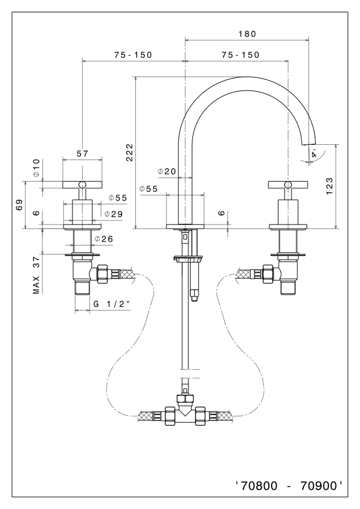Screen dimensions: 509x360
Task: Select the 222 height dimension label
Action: (x=130, y=152)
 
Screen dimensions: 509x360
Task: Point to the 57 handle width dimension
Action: (x=82, y=153)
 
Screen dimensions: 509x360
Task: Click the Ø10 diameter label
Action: (x=36, y=169)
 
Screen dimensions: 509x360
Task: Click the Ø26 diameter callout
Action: (x=104, y=239)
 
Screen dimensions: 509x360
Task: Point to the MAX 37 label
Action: (x=36, y=275)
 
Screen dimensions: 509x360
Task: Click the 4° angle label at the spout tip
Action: (x=314, y=152)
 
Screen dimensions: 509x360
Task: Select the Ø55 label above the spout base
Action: (x=148, y=189)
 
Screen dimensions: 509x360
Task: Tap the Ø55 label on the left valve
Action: (x=118, y=198)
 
